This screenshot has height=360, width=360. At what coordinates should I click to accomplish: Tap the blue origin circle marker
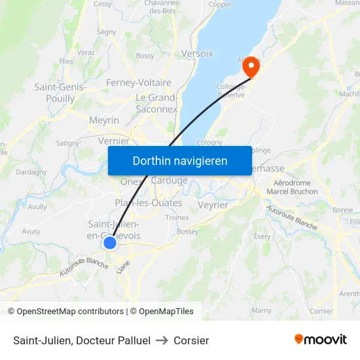click(x=110, y=243)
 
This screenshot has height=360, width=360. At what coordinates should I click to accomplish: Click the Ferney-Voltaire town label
click(x=139, y=83)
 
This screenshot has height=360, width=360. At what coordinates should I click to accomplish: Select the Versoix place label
click(x=197, y=53)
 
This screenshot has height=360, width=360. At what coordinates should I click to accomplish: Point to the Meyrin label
click(x=104, y=120)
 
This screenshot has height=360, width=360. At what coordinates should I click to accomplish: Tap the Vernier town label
click(x=113, y=141)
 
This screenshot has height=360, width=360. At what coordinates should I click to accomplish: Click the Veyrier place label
click(x=212, y=205)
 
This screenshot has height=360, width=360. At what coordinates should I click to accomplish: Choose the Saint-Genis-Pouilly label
click(x=54, y=92)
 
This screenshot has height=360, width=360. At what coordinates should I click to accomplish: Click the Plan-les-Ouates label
click(x=149, y=203)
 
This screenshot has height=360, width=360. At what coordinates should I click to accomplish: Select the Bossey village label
click(x=188, y=231)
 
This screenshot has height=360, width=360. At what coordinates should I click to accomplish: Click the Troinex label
click(x=177, y=217)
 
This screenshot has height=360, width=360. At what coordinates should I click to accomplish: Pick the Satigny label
click(x=67, y=143)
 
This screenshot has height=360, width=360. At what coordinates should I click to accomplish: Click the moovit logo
click(x=320, y=339)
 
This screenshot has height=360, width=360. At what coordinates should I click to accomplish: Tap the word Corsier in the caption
click(x=191, y=340)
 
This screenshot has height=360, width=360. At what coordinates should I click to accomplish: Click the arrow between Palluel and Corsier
click(x=162, y=340)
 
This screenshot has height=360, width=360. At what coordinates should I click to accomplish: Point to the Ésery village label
click(x=262, y=236)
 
